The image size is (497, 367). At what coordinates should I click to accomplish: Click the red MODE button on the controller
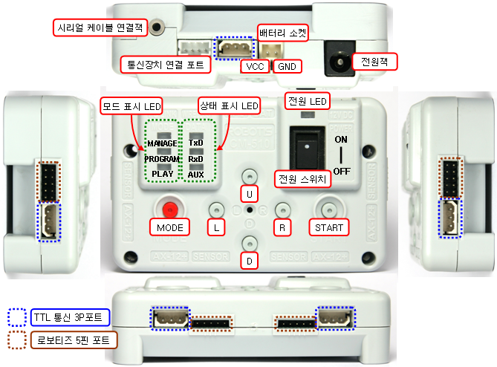pyautogui.click(x=172, y=209)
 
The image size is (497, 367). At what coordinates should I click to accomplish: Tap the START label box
pyautogui.click(x=328, y=227)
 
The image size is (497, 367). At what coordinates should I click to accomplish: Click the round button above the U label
pyautogui.click(x=250, y=175)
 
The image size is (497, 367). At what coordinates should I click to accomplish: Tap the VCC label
pyautogui.click(x=254, y=66)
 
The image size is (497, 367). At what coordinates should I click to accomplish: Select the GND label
pyautogui.click(x=286, y=66)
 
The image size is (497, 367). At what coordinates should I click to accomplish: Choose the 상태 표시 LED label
pyautogui.click(x=229, y=107)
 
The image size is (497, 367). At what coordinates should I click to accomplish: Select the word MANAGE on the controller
pyautogui.click(x=162, y=142)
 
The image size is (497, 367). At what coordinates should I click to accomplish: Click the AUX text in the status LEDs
pyautogui.click(x=196, y=175)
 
